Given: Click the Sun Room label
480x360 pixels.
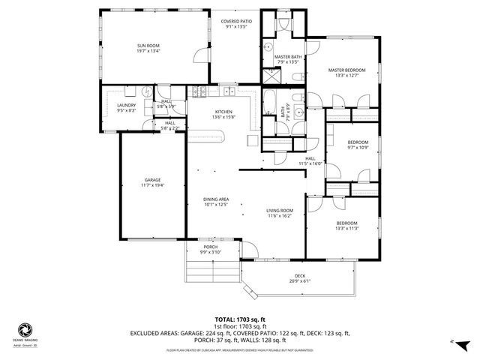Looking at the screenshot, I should [147, 46].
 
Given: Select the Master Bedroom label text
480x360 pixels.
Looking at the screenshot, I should [346, 70].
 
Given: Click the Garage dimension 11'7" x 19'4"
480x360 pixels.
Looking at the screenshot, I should [153, 184].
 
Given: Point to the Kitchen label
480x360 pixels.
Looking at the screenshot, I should [223, 111].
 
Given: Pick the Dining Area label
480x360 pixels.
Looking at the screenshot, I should [216, 199].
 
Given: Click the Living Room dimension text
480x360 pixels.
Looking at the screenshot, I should [280, 216].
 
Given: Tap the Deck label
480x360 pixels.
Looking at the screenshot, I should [299, 275].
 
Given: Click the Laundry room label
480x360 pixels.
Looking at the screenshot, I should [126, 106].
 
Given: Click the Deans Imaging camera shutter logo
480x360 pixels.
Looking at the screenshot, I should [25, 329].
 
